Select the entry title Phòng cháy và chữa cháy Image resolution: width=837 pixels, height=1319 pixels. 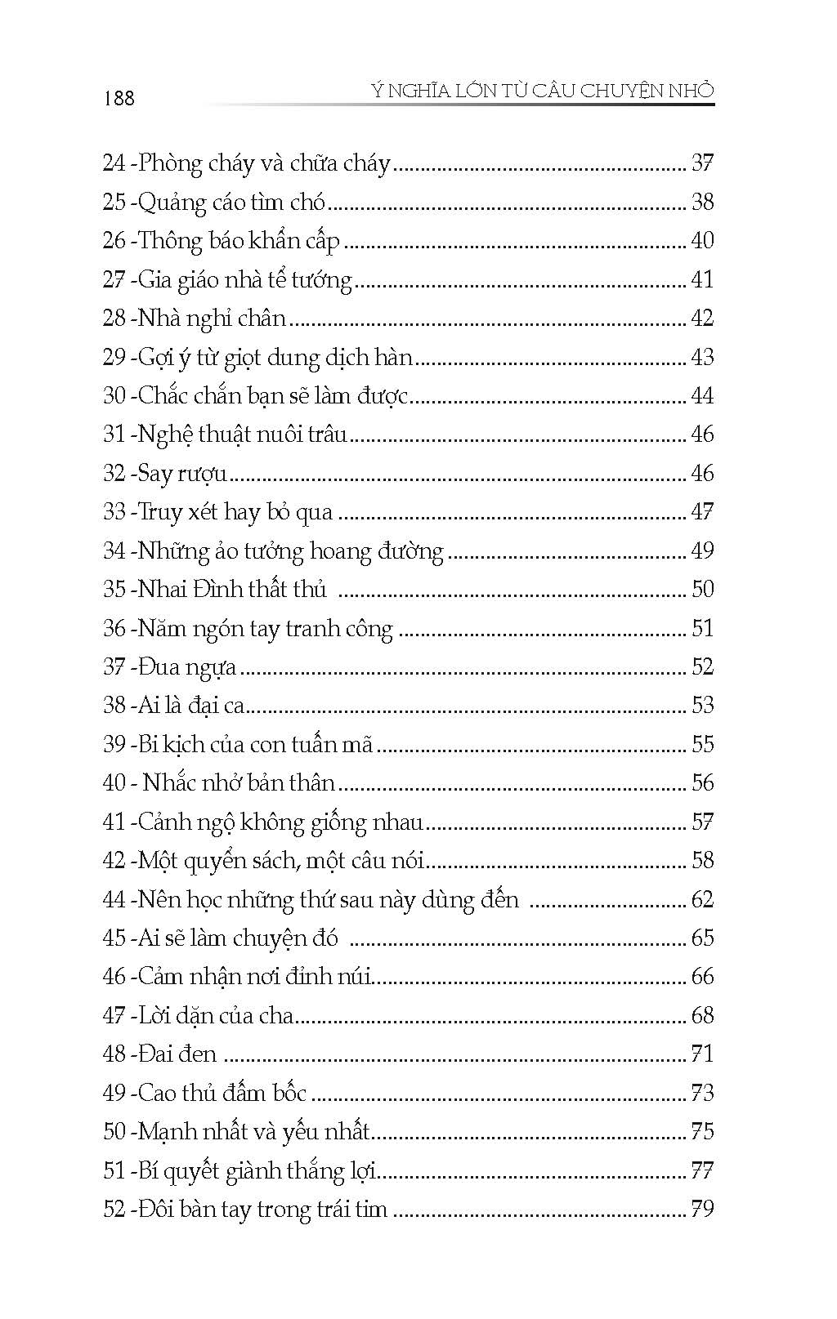tap(265, 163)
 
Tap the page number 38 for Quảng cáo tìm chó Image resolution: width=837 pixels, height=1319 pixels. tap(702, 202)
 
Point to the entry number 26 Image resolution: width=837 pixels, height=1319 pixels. tap(114, 241)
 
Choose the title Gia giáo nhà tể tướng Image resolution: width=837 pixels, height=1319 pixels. tap(244, 280)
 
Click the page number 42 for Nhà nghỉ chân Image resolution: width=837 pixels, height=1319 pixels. tap(702, 319)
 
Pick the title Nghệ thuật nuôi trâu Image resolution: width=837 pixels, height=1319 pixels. tap(243, 434)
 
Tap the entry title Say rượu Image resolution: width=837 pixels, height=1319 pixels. tap(182, 474)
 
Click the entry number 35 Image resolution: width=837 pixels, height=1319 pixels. tap(114, 590)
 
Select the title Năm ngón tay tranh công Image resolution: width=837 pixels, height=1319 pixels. tap(265, 629)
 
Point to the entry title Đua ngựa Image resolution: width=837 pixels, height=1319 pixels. tap(187, 667)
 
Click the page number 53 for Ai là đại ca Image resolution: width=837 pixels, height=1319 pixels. tap(702, 706)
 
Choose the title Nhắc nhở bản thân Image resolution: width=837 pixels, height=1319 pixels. tap(239, 783)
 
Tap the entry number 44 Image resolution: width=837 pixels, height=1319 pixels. tap(114, 900)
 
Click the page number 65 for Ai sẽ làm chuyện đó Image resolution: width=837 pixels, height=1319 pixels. tap(702, 938)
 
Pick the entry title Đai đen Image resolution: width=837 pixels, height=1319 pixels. tap(177, 1054)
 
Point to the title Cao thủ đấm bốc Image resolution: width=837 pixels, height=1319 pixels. tap(222, 1094)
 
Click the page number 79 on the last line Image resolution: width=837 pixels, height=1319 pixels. tap(702, 1210)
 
